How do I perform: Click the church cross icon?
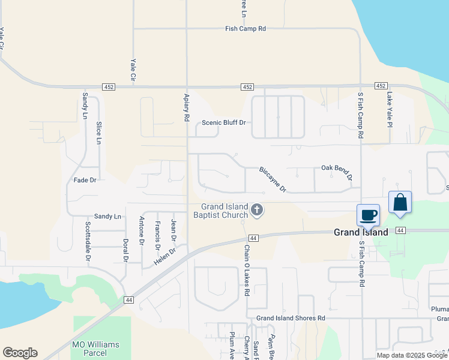[x=257, y=210]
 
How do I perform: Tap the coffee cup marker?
[x=368, y=215]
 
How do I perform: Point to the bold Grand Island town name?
[x=360, y=232]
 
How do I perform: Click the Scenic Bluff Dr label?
[x=224, y=123]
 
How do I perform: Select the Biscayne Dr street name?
[x=273, y=179]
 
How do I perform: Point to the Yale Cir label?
[x=133, y=70]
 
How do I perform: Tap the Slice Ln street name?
[x=99, y=133]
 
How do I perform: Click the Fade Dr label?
[x=85, y=180]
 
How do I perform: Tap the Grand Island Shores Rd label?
[x=291, y=318]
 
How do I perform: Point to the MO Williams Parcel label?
[x=95, y=349]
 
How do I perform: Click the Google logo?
[x=20, y=353]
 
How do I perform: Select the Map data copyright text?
[x=412, y=355]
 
